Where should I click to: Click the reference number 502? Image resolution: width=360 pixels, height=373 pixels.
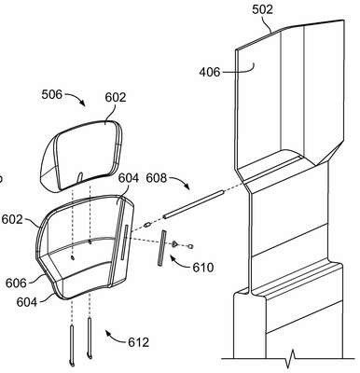262,9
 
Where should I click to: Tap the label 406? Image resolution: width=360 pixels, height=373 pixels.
210,72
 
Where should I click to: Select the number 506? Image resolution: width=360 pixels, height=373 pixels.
52,94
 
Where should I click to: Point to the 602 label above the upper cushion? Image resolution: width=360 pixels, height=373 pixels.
116,97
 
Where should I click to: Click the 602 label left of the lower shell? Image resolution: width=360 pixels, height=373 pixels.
12,219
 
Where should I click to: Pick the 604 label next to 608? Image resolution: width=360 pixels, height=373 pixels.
129,178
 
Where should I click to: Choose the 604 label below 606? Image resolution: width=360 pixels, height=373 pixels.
27,302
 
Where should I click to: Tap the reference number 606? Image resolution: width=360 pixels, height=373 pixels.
16,283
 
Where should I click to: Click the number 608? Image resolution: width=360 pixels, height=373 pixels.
157,178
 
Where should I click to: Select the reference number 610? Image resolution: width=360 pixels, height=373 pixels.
203,268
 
